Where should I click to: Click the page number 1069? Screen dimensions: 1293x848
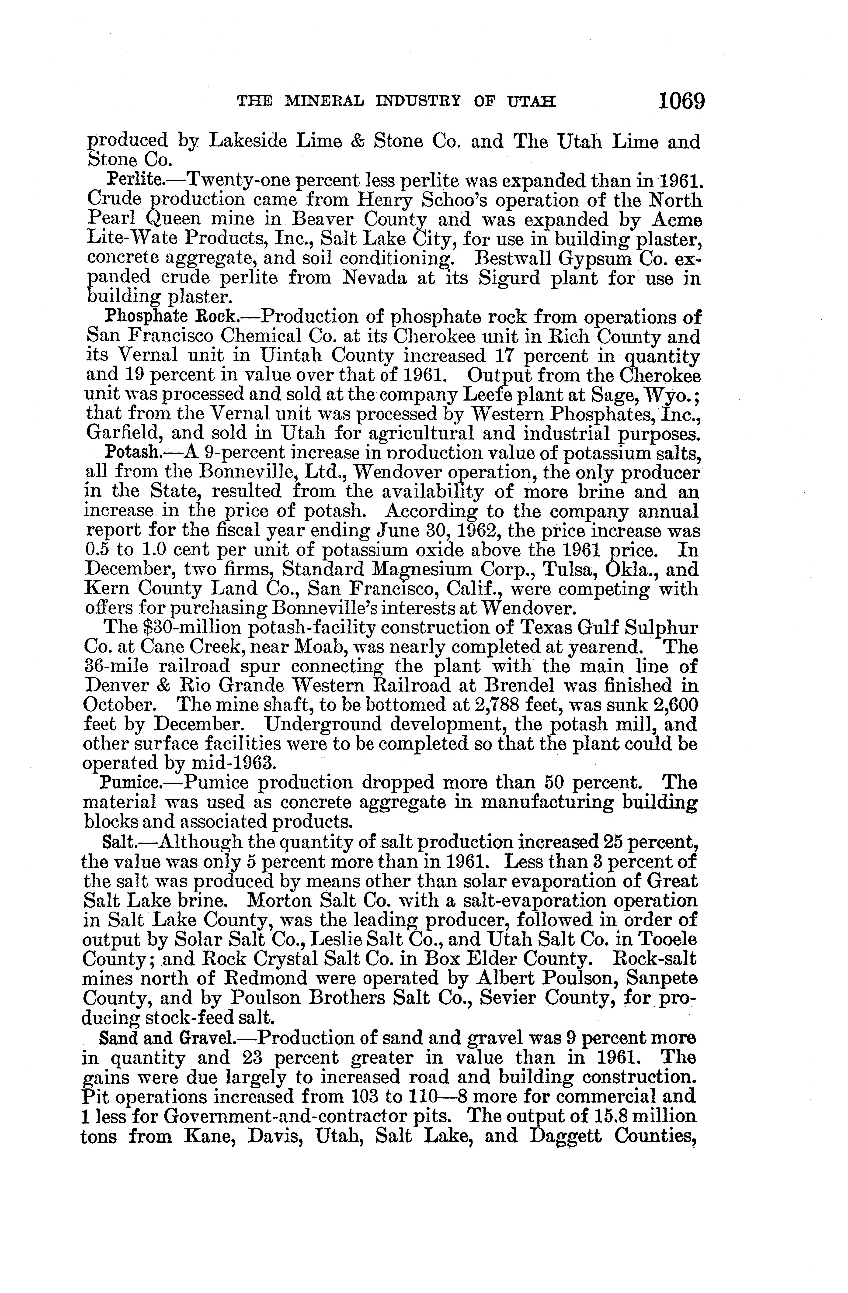[x=681, y=102]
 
